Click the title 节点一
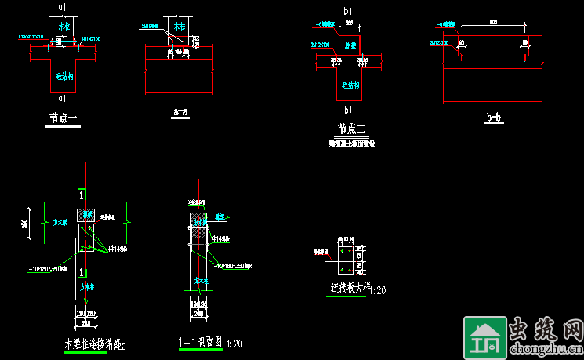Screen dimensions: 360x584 tap(63, 118)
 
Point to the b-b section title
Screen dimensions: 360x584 tap(494, 118)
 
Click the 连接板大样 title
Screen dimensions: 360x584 tap(349, 289)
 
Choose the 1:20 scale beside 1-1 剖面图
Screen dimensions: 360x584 tap(234, 344)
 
